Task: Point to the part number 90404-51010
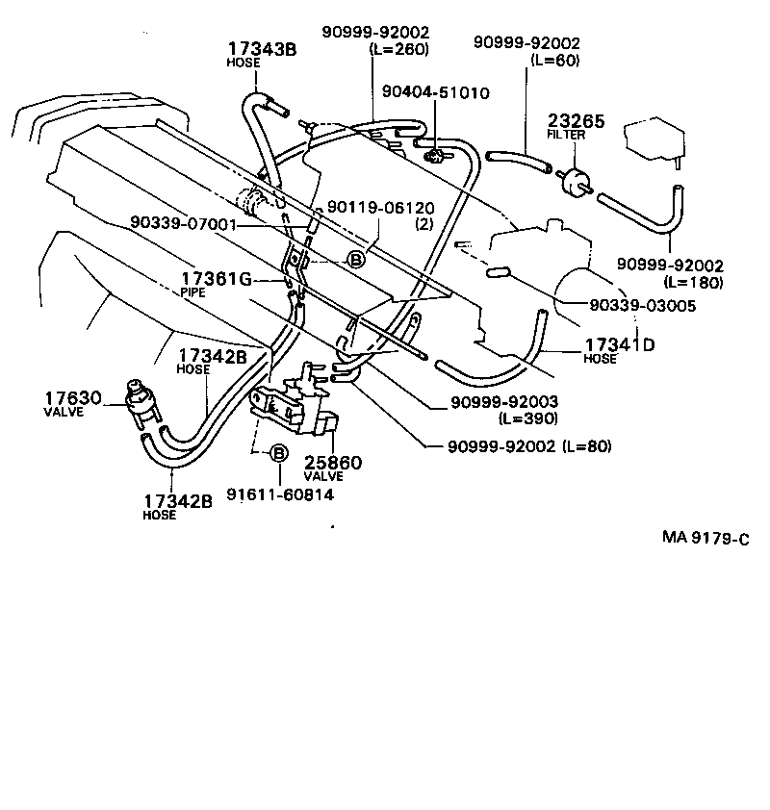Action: coord(435,93)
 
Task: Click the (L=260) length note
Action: coord(398,49)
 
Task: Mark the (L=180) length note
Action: coord(692,282)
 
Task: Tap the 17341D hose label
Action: coord(619,343)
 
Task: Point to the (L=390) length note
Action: coord(527,418)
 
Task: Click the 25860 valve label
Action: coord(333,463)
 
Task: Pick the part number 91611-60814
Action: coord(280,494)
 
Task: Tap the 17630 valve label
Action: coord(72,397)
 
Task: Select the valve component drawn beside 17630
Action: coord(141,401)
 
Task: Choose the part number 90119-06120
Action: coord(380,208)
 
